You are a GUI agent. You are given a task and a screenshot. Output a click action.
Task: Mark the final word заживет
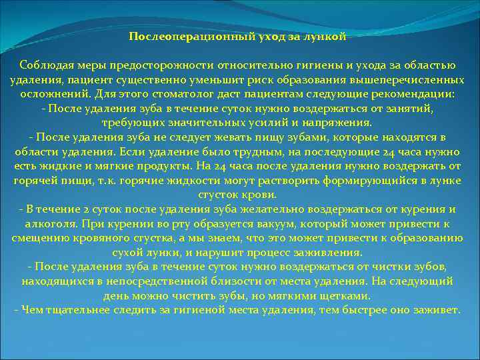coord(437,311)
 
